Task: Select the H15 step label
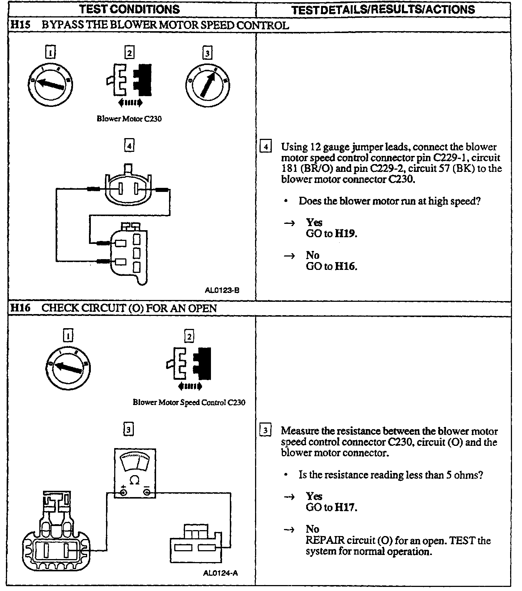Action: pyautogui.click(x=20, y=25)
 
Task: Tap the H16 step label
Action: pyautogui.click(x=20, y=308)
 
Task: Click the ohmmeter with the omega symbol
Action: pyautogui.click(x=135, y=473)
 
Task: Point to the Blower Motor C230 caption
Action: pyautogui.click(x=129, y=119)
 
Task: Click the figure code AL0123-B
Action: pyautogui.click(x=222, y=290)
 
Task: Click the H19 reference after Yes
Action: pyautogui.click(x=346, y=234)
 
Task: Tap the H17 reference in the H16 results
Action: pyautogui.click(x=346, y=507)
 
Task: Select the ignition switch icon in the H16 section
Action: pyautogui.click(x=68, y=368)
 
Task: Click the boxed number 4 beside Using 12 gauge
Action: pyautogui.click(x=265, y=147)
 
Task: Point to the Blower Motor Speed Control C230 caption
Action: pyautogui.click(x=189, y=402)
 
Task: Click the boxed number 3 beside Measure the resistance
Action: pyautogui.click(x=265, y=431)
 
